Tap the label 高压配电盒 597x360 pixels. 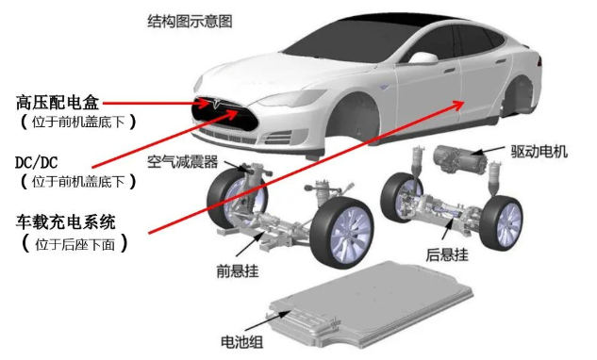pos(56,101)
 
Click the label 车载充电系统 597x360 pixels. pos(64,223)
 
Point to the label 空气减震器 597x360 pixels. pos(185,163)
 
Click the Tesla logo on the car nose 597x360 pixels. pos(218,103)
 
